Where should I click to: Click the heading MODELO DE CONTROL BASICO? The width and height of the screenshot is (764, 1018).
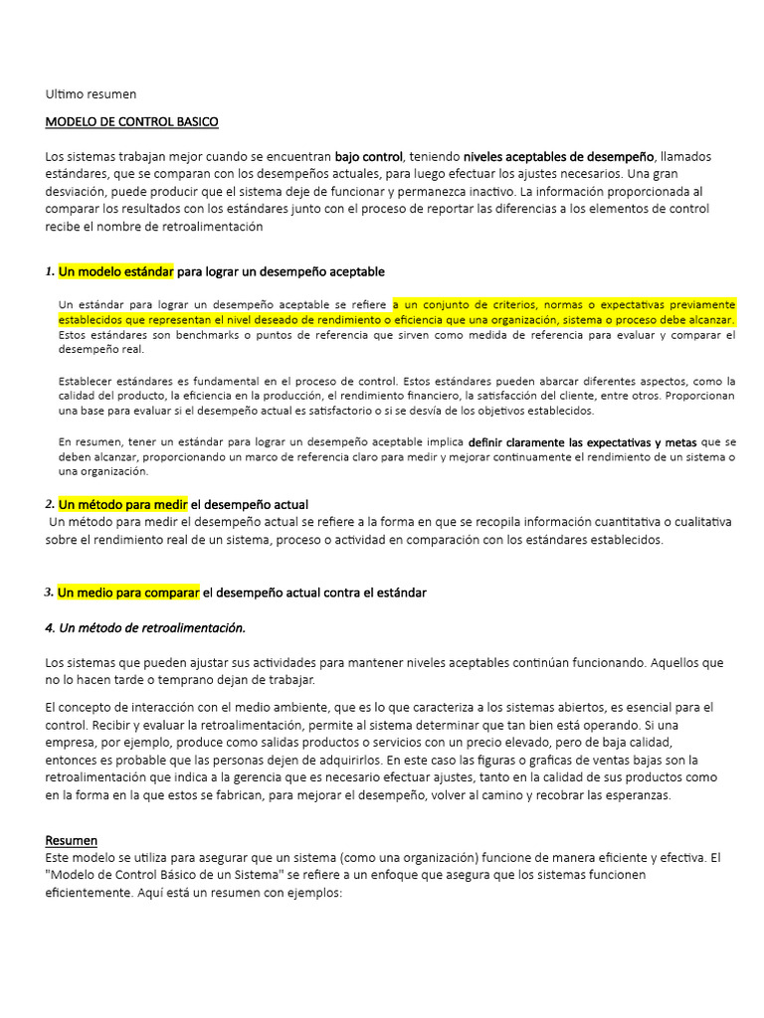point(131,122)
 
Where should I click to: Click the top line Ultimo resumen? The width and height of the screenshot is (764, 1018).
point(91,94)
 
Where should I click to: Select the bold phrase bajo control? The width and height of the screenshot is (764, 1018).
point(368,157)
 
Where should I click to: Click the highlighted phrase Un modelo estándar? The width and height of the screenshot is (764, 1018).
point(115,271)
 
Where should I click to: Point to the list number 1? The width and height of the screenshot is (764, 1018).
point(49,271)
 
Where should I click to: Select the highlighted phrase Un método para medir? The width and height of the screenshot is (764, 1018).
point(122,504)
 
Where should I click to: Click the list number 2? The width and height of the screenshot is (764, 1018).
point(49,504)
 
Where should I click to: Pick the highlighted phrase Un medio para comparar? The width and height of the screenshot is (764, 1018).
point(128,593)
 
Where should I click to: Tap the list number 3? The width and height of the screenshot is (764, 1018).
point(49,593)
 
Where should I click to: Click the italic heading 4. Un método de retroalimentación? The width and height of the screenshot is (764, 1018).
point(145,628)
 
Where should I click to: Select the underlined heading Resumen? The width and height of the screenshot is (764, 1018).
point(72,840)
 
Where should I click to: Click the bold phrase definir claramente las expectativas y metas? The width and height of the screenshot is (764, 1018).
point(583,441)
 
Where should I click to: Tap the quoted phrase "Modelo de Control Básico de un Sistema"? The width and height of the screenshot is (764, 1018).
point(167,875)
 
